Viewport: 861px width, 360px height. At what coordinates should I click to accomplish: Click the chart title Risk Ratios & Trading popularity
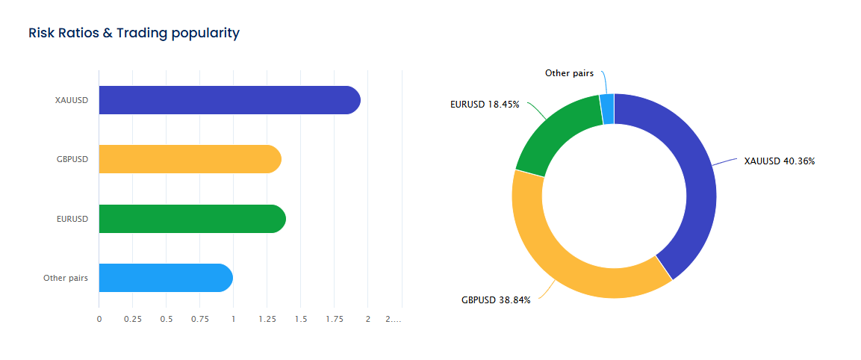pyautogui.click(x=134, y=33)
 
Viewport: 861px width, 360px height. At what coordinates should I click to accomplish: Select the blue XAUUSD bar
pyautogui.click(x=229, y=100)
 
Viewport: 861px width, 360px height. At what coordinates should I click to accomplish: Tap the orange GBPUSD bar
pyautogui.click(x=190, y=159)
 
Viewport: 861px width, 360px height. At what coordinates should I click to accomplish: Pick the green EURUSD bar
pyautogui.click(x=192, y=219)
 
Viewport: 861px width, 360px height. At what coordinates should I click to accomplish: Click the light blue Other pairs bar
pyautogui.click(x=165, y=278)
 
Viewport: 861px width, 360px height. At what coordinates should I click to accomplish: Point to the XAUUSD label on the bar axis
pyautogui.click(x=72, y=100)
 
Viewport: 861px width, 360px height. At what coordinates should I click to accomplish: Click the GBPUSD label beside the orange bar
pyautogui.click(x=72, y=159)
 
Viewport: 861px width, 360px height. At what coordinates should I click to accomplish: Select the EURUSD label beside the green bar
pyautogui.click(x=72, y=219)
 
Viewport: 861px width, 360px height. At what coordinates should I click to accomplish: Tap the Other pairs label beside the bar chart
pyautogui.click(x=66, y=278)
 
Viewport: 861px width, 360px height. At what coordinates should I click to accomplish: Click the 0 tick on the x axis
pyautogui.click(x=99, y=319)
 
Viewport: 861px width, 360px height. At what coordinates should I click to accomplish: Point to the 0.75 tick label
pyautogui.click(x=199, y=319)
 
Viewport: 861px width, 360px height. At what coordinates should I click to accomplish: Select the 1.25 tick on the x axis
pyautogui.click(x=267, y=319)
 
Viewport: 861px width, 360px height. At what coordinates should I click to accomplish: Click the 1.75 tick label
pyautogui.click(x=334, y=319)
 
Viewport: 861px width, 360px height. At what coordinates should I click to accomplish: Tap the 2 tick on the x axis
pyautogui.click(x=367, y=319)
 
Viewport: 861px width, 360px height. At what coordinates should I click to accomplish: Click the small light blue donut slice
pyautogui.click(x=607, y=109)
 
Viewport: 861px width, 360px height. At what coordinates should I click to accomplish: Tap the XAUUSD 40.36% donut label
pyautogui.click(x=780, y=161)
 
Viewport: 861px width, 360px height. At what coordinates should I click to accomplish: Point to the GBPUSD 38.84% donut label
pyautogui.click(x=496, y=300)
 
